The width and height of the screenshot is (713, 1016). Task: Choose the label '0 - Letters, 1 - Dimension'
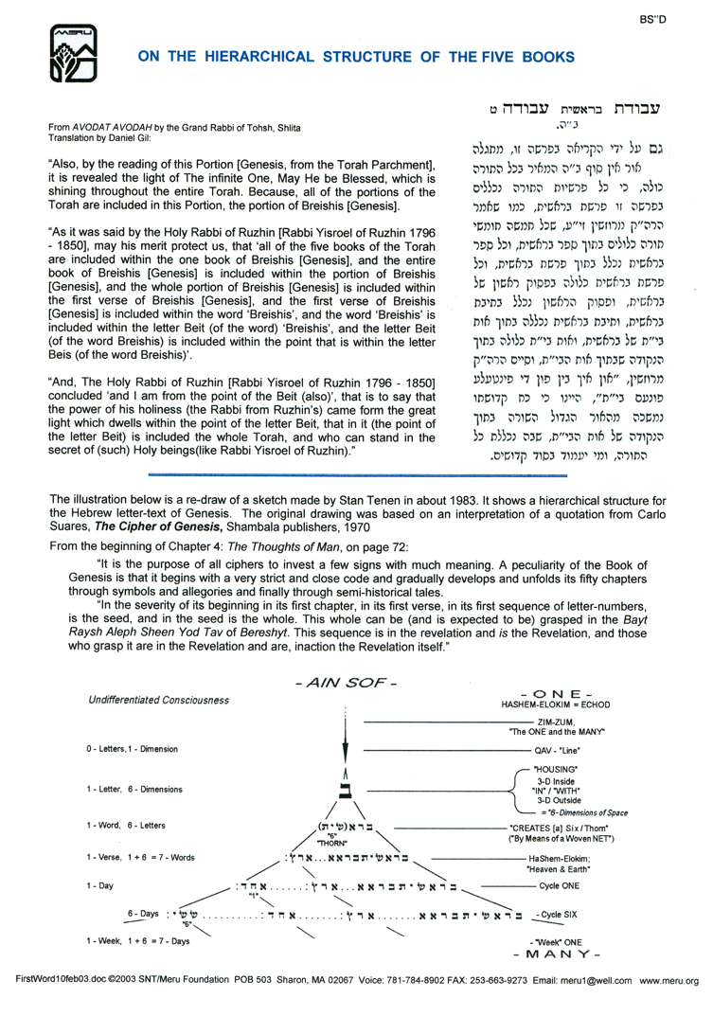click(x=139, y=748)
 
